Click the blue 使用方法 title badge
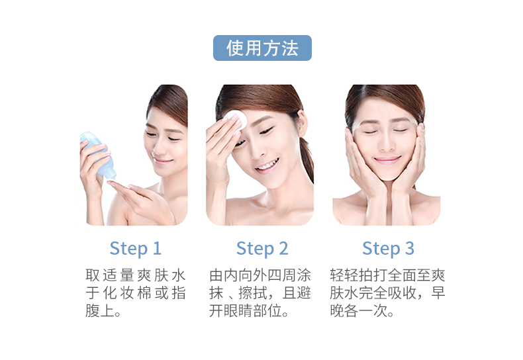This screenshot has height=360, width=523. click(262, 48)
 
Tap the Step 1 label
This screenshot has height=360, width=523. click(136, 249)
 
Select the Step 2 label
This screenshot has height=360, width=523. click(262, 249)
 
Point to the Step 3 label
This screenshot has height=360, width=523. click(388, 249)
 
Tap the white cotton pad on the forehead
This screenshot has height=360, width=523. click(236, 119)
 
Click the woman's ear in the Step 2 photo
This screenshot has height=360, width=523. click(303, 123)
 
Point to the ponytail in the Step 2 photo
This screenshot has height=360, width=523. click(307, 160)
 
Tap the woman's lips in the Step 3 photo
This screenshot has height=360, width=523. click(387, 160)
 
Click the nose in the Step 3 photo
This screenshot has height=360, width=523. click(386, 144)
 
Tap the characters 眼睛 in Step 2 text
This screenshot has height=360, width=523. click(238, 311)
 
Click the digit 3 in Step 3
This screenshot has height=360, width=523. click(410, 248)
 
